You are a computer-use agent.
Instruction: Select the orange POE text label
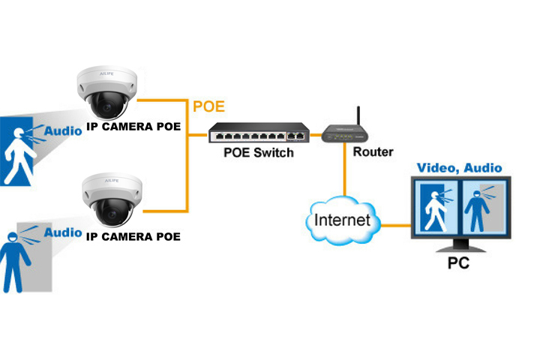click(209, 106)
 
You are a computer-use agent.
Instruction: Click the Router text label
click(373, 152)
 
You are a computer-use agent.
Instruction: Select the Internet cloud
click(342, 220)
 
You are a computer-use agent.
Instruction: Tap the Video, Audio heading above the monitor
click(460, 168)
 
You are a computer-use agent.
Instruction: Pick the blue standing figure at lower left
click(13, 262)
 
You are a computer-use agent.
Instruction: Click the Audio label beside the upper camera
click(63, 130)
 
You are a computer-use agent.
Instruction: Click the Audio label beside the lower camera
click(63, 232)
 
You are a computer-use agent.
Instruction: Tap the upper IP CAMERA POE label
click(133, 127)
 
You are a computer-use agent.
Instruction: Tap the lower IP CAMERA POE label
click(133, 237)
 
